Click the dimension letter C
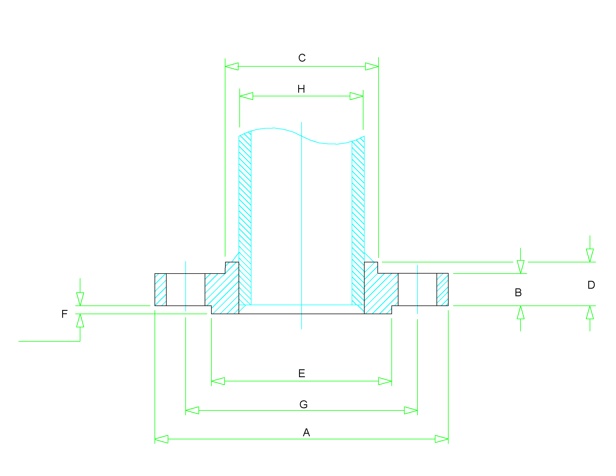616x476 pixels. pyautogui.click(x=302, y=58)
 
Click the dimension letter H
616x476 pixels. pyautogui.click(x=301, y=89)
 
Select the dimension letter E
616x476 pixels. pyautogui.click(x=302, y=373)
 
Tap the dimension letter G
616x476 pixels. pyautogui.click(x=303, y=404)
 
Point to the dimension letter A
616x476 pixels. pyautogui.click(x=306, y=432)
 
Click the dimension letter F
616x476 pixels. pyautogui.click(x=64, y=314)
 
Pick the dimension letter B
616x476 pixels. pyautogui.click(x=518, y=292)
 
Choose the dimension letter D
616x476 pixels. pyautogui.click(x=591, y=285)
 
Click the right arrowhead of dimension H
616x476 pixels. pyautogui.click(x=356, y=96)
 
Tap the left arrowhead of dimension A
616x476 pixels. pyautogui.click(x=161, y=439)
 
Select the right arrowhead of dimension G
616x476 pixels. pyautogui.click(x=411, y=410)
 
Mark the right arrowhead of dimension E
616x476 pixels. pyautogui.click(x=385, y=381)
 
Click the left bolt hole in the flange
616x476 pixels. pyautogui.click(x=186, y=289)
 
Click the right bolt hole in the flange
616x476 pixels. pyautogui.click(x=417, y=289)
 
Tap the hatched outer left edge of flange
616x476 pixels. pyautogui.click(x=160, y=289)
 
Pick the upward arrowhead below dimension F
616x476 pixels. pyautogui.click(x=80, y=321)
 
